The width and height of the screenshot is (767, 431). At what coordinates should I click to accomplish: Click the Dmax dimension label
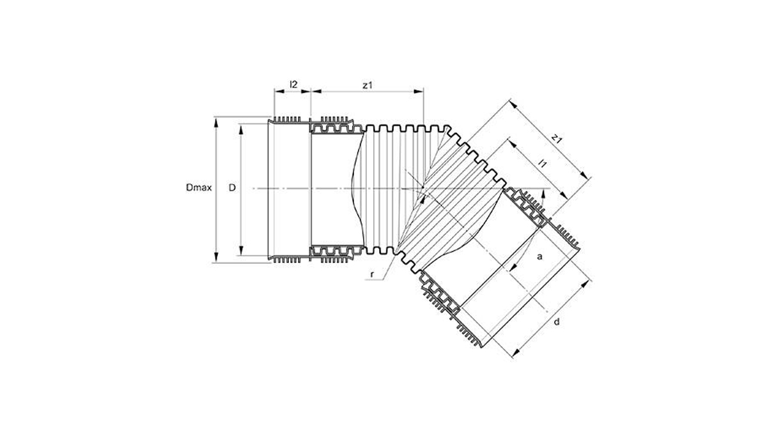[199, 188]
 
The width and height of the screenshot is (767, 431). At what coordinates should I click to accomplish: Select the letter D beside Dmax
[232, 188]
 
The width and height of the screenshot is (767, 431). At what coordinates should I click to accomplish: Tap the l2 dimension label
[293, 84]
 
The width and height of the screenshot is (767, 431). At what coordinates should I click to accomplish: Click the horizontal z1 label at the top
[368, 85]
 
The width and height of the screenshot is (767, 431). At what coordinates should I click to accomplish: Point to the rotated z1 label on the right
[557, 139]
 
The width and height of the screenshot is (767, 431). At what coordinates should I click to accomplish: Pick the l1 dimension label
[543, 163]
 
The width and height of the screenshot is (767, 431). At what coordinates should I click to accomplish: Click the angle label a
[539, 257]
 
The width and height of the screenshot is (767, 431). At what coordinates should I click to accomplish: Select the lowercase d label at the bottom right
[557, 322]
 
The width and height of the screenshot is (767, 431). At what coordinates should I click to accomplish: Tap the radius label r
[372, 275]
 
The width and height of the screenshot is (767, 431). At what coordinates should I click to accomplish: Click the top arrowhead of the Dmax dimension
[216, 122]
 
